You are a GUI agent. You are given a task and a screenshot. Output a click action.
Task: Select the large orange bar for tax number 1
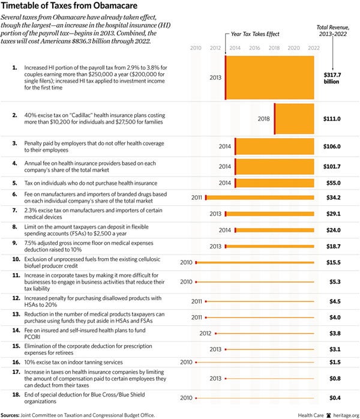[270, 77]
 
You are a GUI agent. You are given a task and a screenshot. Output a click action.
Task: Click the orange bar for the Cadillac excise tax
[294, 119]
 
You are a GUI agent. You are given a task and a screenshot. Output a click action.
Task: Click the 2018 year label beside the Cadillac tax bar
[264, 119]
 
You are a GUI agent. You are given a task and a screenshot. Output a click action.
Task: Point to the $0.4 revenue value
[334, 397]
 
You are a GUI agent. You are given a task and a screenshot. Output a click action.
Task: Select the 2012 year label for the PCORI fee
[205, 331]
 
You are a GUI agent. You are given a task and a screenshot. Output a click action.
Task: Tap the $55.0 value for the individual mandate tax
[332, 183]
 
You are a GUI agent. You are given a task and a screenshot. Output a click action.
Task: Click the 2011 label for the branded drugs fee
[196, 197]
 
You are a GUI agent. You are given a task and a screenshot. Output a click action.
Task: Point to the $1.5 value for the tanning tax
[334, 362]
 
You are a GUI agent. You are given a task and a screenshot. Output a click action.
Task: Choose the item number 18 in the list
[17, 394]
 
